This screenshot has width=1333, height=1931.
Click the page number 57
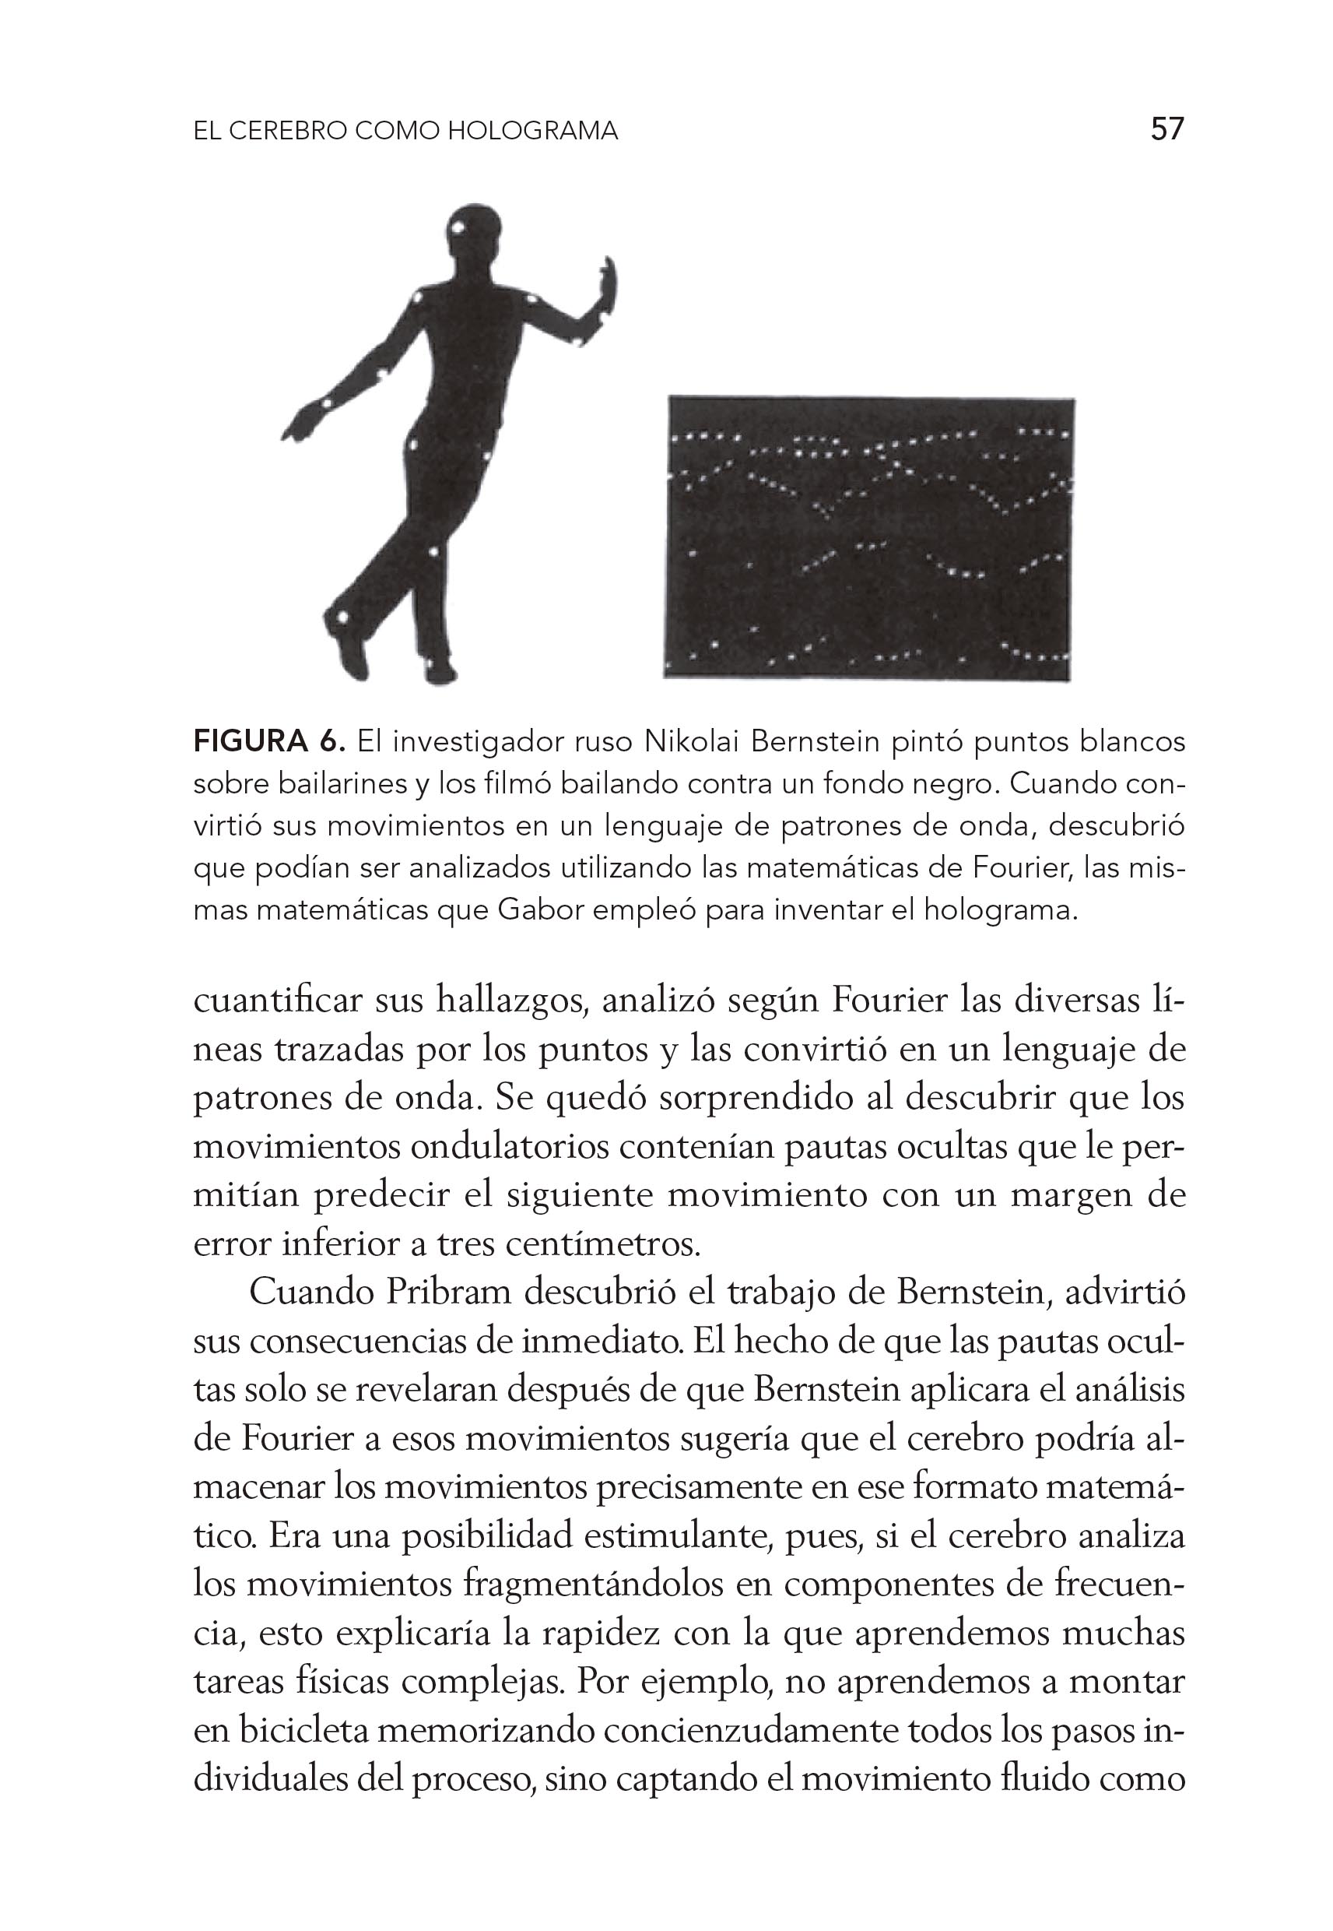click(1166, 129)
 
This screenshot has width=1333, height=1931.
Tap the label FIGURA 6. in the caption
click(269, 741)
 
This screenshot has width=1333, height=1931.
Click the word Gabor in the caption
click(538, 910)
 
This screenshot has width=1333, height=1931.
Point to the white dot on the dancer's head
click(458, 226)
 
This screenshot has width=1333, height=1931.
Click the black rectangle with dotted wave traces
click(868, 536)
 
